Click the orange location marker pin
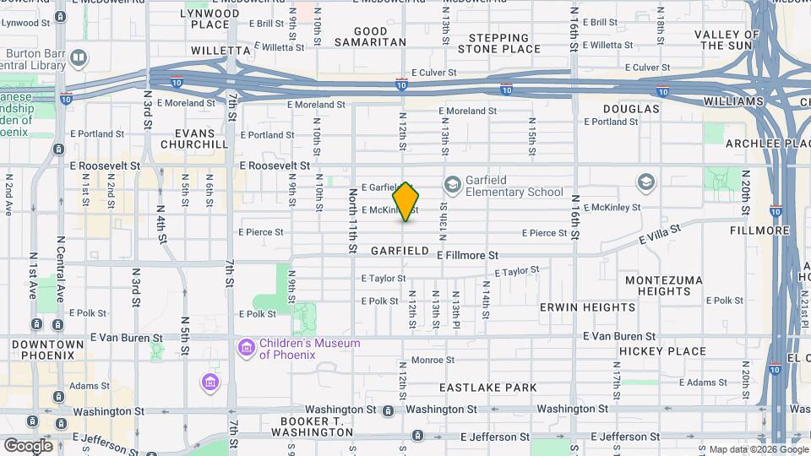[x=406, y=202]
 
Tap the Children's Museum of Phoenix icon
[x=246, y=348]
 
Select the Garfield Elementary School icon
[x=453, y=184]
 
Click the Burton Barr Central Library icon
[x=78, y=57]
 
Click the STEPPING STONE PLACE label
[x=504, y=43]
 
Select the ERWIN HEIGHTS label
[x=576, y=307]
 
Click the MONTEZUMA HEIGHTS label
[x=665, y=285]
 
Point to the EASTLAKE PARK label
[x=488, y=388]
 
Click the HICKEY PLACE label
[x=662, y=351]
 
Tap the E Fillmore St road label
[x=467, y=254]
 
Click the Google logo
[x=28, y=445]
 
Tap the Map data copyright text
[x=757, y=449]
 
